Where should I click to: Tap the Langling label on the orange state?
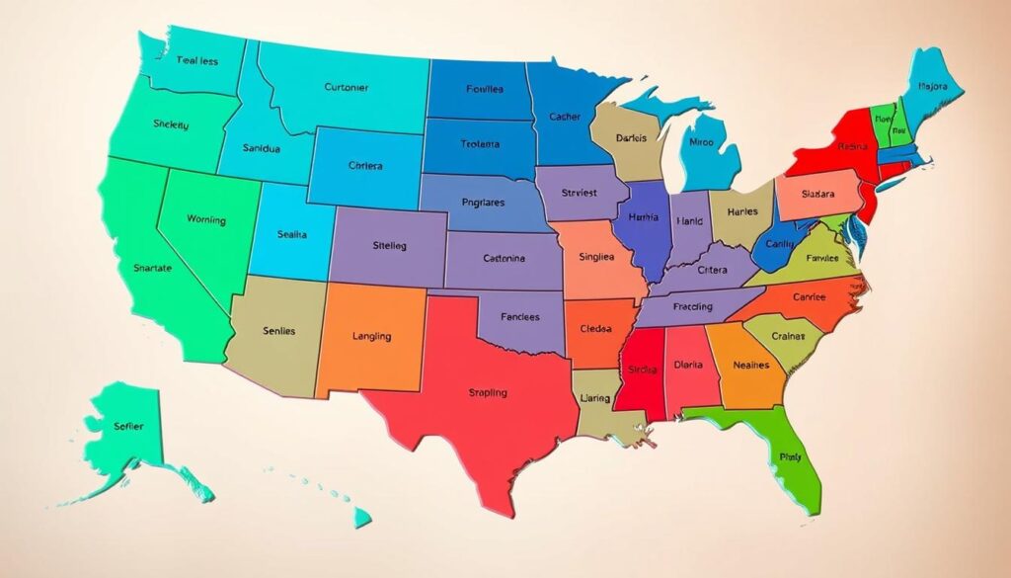tap(371, 336)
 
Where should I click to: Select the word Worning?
tap(205, 220)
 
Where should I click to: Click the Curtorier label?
tap(346, 87)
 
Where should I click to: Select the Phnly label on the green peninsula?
tap(791, 457)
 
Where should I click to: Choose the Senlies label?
tap(274, 331)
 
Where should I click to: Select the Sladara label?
tap(817, 194)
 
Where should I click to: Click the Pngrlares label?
tap(483, 203)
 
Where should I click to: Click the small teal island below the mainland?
tap(362, 517)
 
